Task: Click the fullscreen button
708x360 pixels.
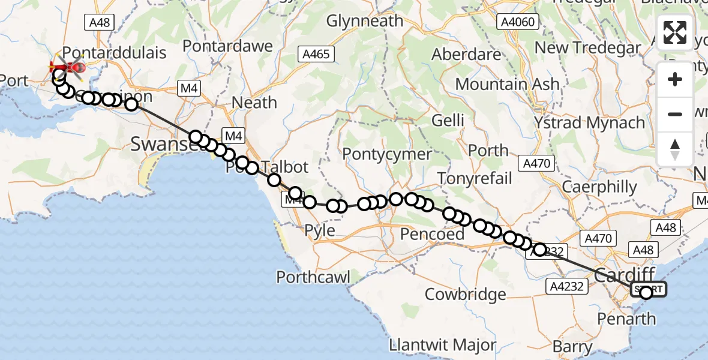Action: (x=675, y=32)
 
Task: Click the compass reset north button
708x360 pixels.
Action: (x=675, y=149)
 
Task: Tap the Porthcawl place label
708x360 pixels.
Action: (x=313, y=277)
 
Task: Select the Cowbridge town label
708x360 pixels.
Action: (x=465, y=295)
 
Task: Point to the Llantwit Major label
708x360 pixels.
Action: (x=443, y=346)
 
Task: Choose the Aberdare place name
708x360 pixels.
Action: (x=466, y=53)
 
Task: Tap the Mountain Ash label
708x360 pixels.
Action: (x=507, y=84)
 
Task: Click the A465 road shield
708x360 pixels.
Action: (x=316, y=54)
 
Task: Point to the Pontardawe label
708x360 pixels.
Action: (x=227, y=46)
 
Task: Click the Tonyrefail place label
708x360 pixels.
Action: (x=475, y=178)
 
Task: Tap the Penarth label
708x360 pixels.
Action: (x=627, y=318)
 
